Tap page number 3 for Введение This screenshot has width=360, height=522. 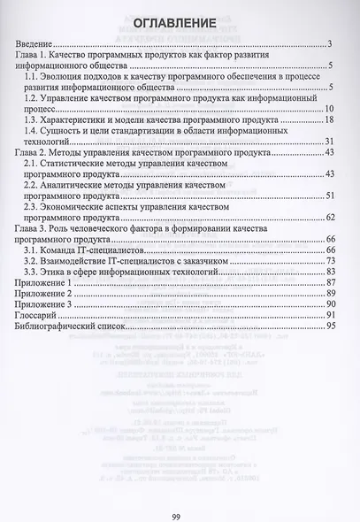tap(328, 44)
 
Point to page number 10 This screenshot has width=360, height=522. tap(326, 108)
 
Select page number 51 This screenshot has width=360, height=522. tap(326, 196)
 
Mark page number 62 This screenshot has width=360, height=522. tap(326, 217)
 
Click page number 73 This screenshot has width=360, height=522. tap(326, 261)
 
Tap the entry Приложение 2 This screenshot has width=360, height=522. tap(47, 293)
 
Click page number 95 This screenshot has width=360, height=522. tap(326, 326)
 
